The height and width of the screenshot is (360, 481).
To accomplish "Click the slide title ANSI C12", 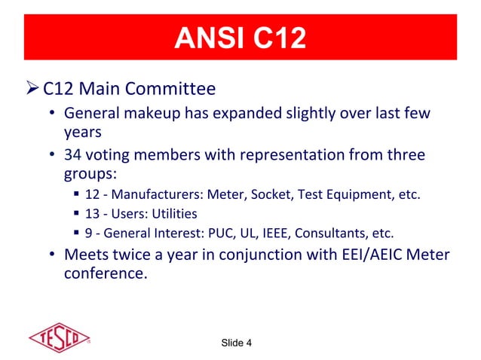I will tap(240, 38).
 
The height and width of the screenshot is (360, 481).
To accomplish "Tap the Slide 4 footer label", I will tap(237, 343).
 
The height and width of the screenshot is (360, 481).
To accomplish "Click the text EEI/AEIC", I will tap(365, 255).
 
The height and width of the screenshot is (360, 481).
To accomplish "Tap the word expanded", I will tap(243, 114).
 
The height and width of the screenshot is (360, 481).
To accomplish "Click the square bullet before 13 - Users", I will tap(78, 214).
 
